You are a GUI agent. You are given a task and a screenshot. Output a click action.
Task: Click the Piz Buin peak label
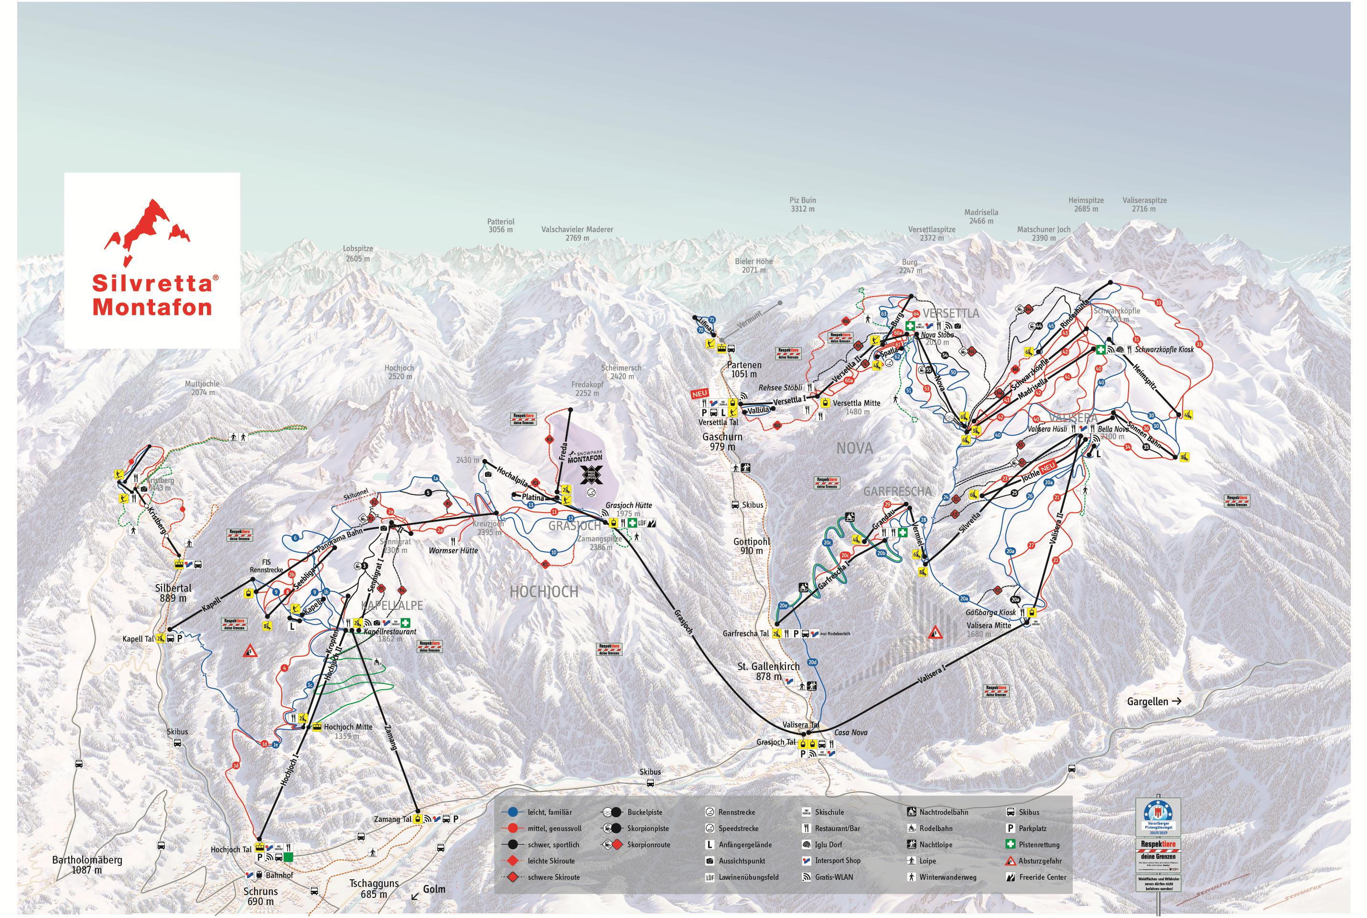(802, 204)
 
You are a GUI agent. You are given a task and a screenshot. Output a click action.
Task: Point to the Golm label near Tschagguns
(434, 889)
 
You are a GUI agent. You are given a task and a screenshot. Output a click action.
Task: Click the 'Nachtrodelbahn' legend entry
(943, 812)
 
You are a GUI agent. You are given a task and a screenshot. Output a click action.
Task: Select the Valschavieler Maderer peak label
(577, 234)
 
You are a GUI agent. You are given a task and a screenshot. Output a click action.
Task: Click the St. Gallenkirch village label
(760, 671)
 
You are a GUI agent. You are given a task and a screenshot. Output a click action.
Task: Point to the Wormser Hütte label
(453, 550)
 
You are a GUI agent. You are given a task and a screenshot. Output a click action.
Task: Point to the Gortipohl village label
(751, 545)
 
